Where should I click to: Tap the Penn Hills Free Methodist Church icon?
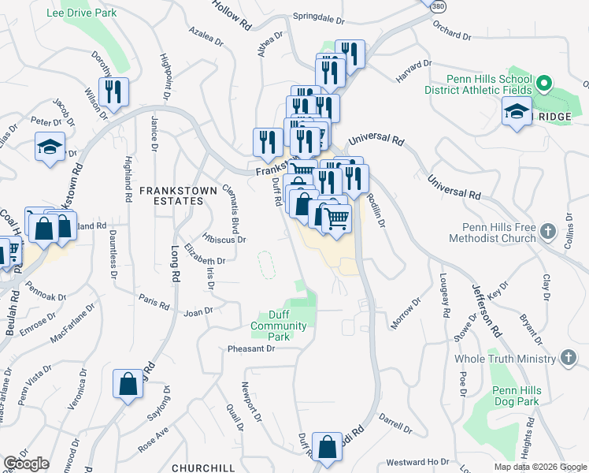point(549,232)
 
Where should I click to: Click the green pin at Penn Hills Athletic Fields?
point(543,83)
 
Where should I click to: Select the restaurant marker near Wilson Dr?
point(114,92)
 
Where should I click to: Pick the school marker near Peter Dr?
point(50,147)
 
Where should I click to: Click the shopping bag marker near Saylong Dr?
point(128,385)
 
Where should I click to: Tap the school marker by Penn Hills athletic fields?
point(517,113)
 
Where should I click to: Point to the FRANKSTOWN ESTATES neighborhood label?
point(175,191)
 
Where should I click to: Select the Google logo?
point(26,464)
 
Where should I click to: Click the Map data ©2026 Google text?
point(540,467)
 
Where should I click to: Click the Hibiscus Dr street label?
point(224,239)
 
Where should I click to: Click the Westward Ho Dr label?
point(417,462)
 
